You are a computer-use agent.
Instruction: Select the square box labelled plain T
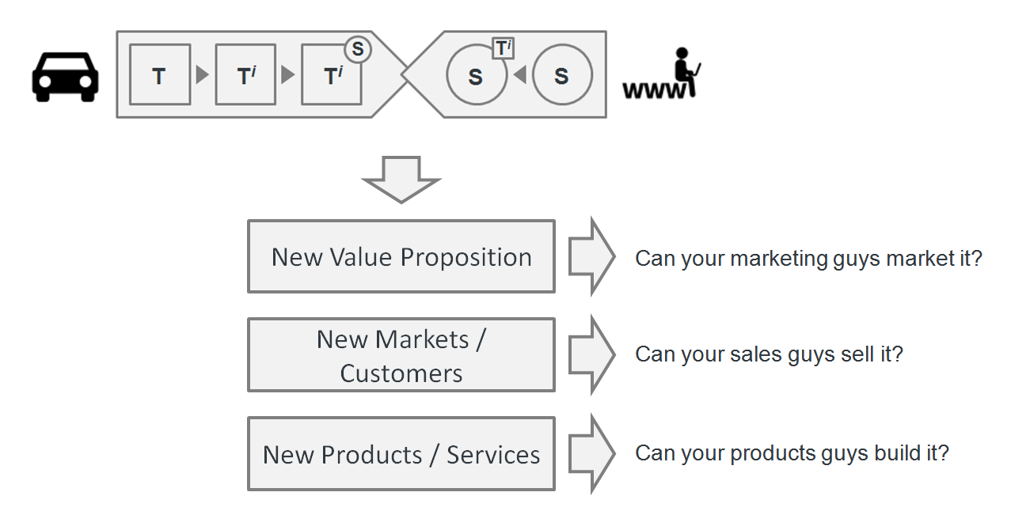click(159, 75)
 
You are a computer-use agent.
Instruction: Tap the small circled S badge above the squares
click(358, 50)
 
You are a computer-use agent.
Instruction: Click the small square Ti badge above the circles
click(503, 48)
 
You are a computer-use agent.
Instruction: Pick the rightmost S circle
click(562, 76)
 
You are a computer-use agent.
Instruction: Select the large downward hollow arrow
click(401, 179)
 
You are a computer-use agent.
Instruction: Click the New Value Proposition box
click(401, 257)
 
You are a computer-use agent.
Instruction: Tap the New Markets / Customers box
click(401, 355)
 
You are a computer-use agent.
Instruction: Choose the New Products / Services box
click(401, 454)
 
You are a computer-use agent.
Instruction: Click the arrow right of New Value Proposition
click(591, 256)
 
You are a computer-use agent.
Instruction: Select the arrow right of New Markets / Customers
click(591, 354)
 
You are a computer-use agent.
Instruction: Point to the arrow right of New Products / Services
click(591, 453)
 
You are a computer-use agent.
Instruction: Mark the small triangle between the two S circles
click(519, 76)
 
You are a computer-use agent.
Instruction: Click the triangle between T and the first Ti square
click(202, 76)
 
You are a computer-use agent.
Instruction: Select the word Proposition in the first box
click(466, 258)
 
